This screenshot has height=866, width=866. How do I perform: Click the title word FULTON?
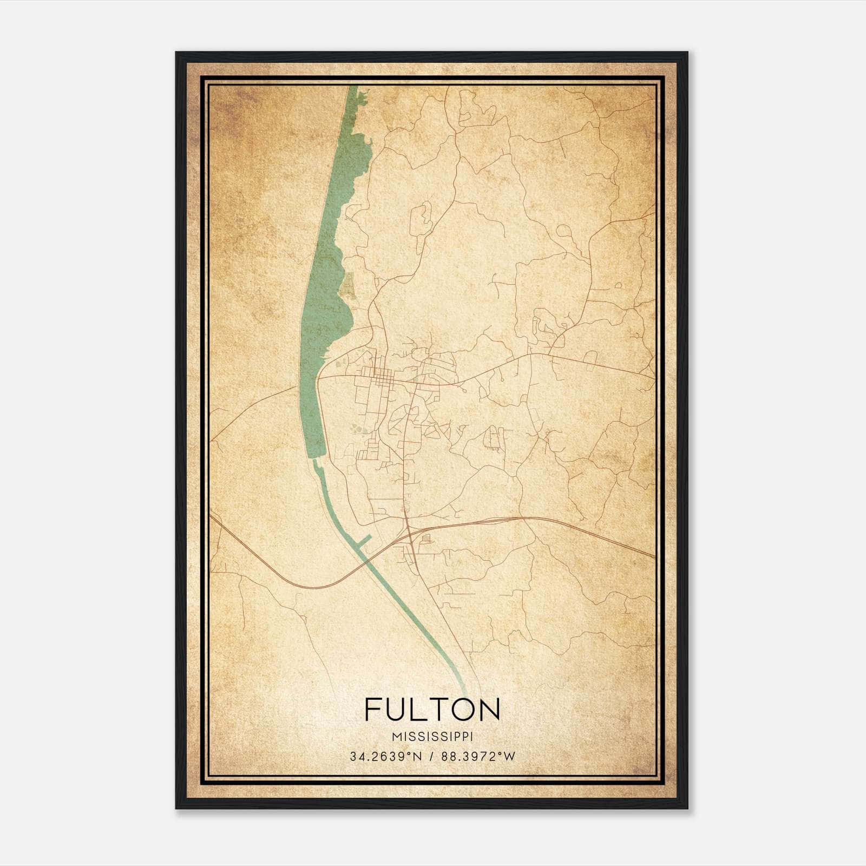click(432, 710)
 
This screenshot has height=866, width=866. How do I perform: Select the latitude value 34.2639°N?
click(385, 757)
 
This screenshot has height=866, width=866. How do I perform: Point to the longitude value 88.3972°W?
click(478, 757)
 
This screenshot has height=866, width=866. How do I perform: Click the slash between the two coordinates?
click(431, 757)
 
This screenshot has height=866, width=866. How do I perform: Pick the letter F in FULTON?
click(373, 710)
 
